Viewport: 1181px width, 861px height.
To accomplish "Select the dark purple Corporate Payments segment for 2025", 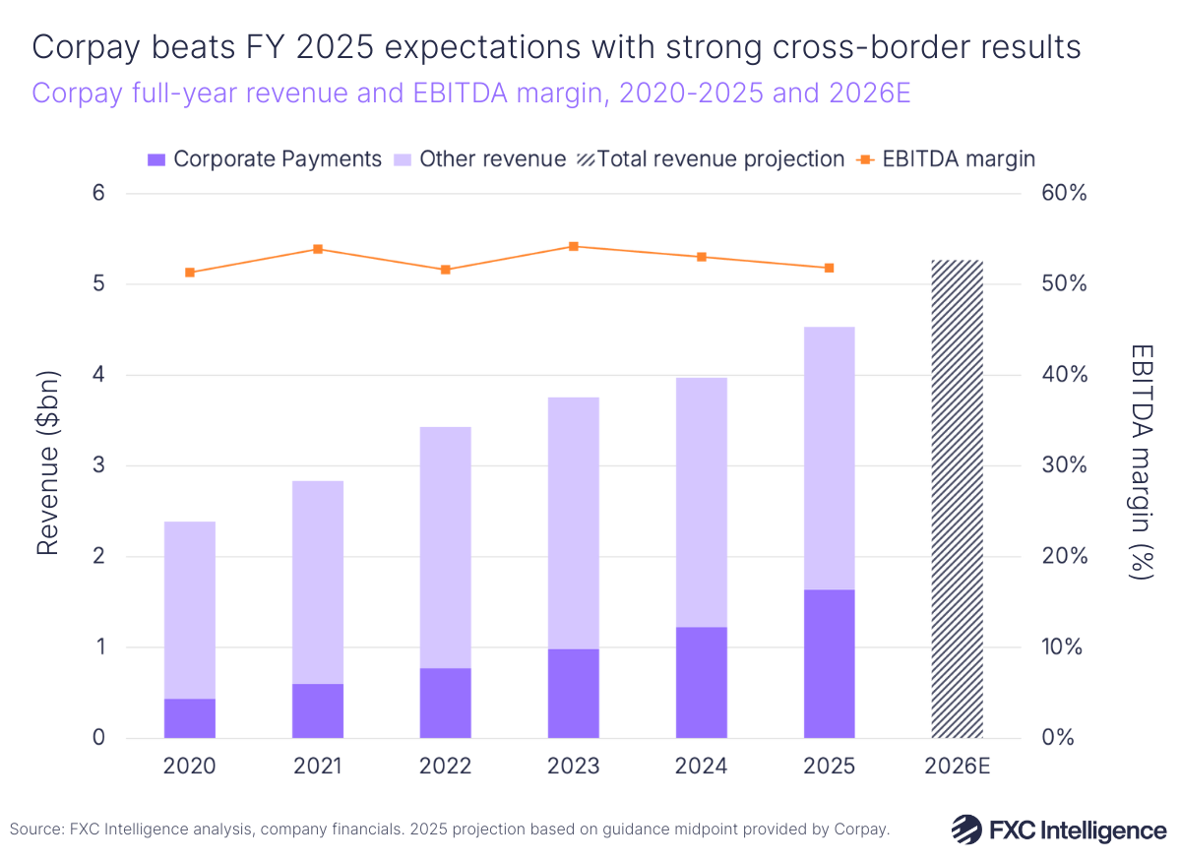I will (829, 663).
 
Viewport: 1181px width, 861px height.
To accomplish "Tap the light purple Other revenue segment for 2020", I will (190, 610).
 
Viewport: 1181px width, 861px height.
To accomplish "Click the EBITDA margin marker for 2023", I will (574, 246).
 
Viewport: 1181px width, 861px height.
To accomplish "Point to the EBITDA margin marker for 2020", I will (190, 273).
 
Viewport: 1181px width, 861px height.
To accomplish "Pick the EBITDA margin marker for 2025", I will (829, 268).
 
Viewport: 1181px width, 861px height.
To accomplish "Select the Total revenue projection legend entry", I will (710, 159).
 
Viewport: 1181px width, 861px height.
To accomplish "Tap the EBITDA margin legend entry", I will (948, 159).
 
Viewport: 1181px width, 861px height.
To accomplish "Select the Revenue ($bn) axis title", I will (48, 462).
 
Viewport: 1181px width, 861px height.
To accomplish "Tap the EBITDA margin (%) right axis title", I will (1141, 462).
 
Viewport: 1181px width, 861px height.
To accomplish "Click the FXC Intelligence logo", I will (1058, 830).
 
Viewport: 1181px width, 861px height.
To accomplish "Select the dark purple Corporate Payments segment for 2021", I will (318, 710).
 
